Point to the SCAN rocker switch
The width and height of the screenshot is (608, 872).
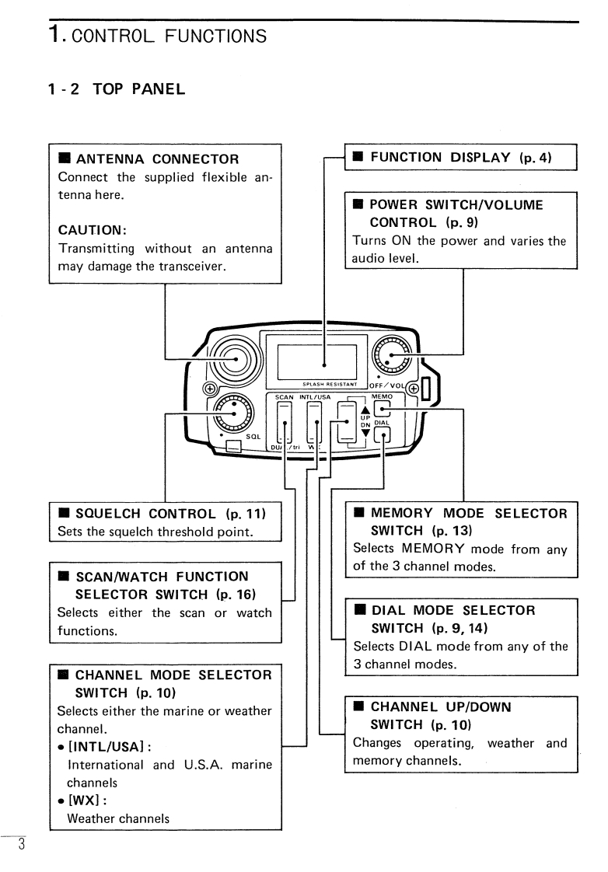pyautogui.click(x=285, y=423)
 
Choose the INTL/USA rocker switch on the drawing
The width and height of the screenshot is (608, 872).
pyautogui.click(x=316, y=423)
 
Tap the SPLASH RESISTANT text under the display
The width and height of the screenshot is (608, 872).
pyautogui.click(x=324, y=384)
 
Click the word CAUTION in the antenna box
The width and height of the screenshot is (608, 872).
pyautogui.click(x=89, y=230)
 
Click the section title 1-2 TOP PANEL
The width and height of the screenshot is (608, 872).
pyautogui.click(x=116, y=89)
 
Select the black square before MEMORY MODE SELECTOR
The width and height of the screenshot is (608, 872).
pyautogui.click(x=358, y=513)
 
